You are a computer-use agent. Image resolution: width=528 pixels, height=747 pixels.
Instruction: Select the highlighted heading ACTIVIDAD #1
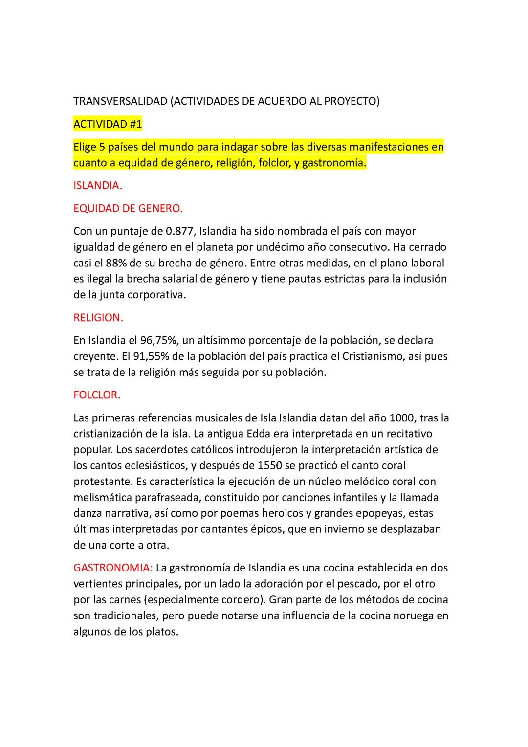[108, 124]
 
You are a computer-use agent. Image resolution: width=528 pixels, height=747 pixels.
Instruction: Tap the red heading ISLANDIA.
[97, 186]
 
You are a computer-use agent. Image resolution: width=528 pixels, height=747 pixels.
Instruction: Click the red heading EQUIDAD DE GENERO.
[128, 209]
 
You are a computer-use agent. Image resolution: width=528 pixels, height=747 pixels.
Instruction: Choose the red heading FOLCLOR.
[97, 395]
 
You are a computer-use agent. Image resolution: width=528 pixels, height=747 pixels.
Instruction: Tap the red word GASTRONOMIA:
[113, 568]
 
